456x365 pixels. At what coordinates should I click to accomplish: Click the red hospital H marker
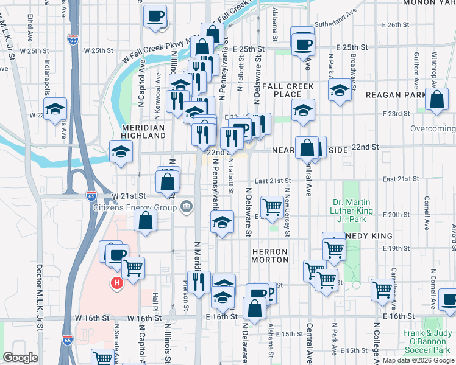[x=116, y=283]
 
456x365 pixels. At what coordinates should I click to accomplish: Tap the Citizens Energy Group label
[x=135, y=208]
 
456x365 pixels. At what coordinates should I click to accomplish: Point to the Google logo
[x=20, y=358]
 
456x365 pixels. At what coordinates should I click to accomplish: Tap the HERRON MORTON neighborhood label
[x=269, y=255]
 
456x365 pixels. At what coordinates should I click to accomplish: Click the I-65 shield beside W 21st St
[x=91, y=196]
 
